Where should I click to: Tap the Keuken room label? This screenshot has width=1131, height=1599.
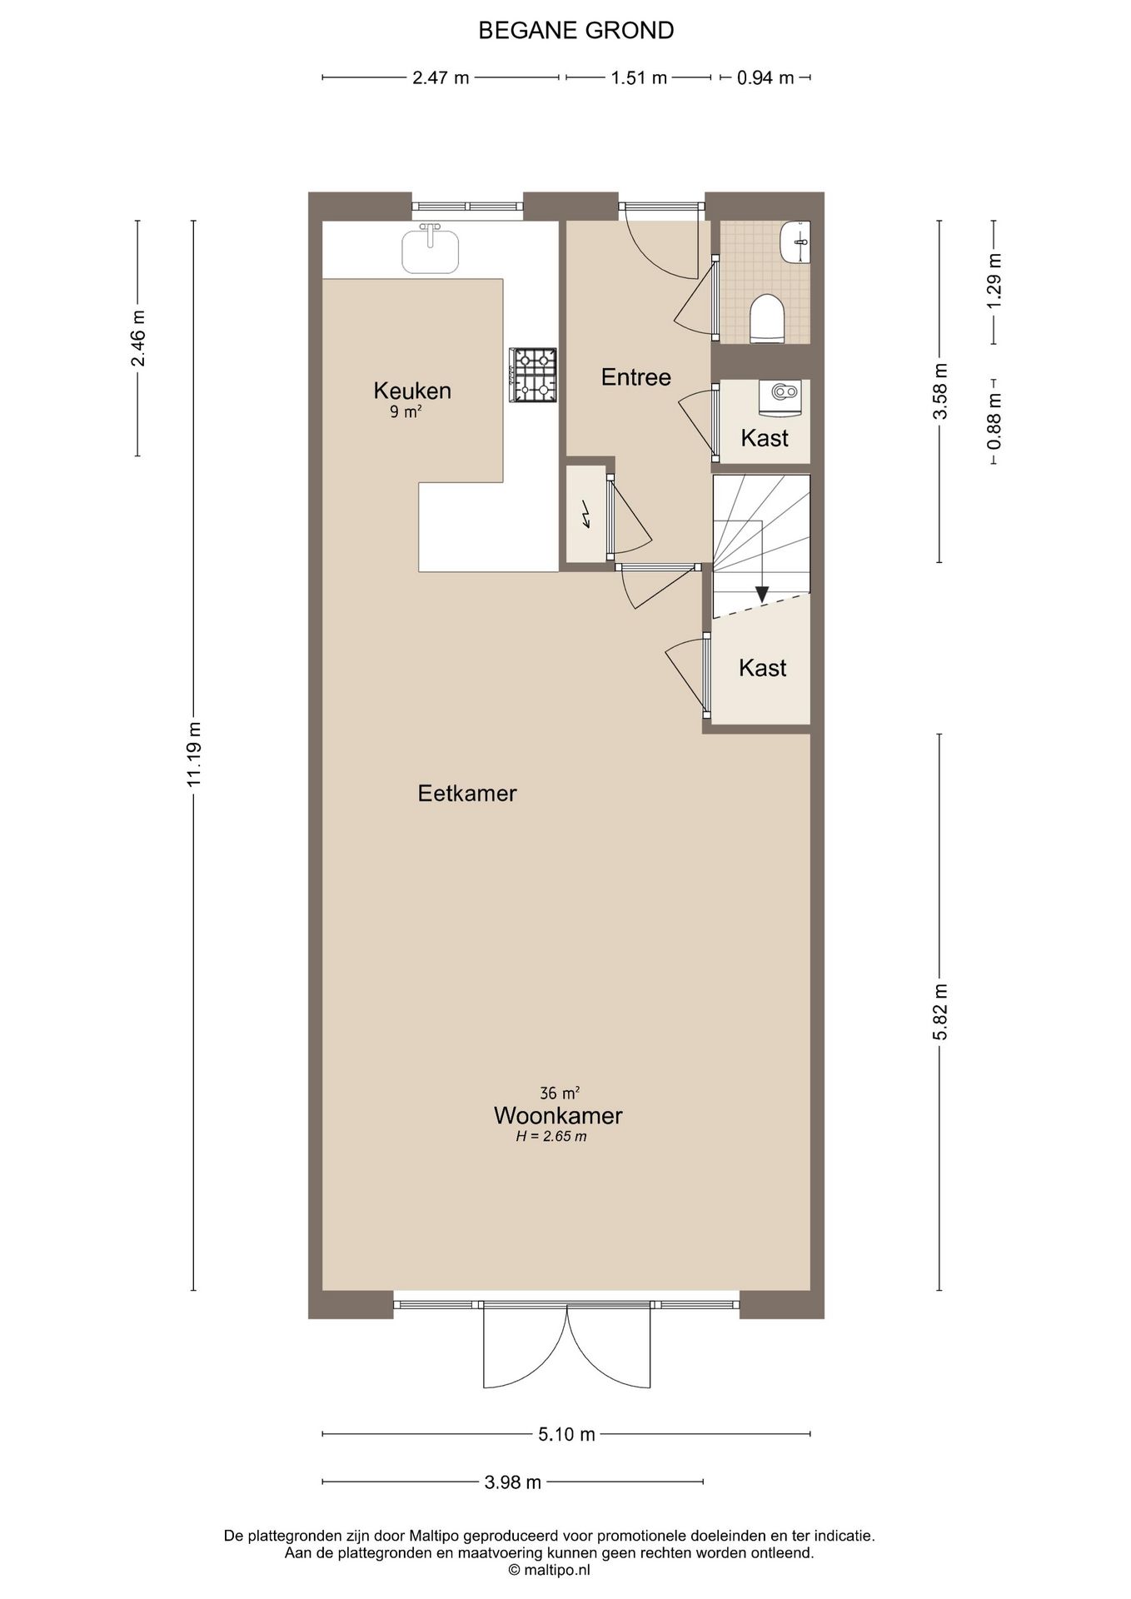(412, 390)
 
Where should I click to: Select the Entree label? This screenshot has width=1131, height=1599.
(636, 377)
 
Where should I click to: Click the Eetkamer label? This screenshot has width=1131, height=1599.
(467, 793)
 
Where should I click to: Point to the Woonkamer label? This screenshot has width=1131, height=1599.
(558, 1114)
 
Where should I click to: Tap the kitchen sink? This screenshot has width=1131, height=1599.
(431, 249)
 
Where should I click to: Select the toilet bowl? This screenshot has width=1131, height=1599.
(768, 317)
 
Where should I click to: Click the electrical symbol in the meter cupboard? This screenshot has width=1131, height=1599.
(586, 515)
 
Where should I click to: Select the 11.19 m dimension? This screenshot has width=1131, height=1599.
(194, 755)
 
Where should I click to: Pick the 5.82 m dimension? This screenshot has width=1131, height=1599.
(940, 1012)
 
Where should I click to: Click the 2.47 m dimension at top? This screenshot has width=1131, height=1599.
(441, 77)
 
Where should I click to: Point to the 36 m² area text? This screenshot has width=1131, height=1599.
(560, 1092)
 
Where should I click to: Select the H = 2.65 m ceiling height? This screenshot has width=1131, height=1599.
(551, 1137)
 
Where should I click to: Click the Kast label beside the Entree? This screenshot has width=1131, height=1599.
(765, 438)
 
